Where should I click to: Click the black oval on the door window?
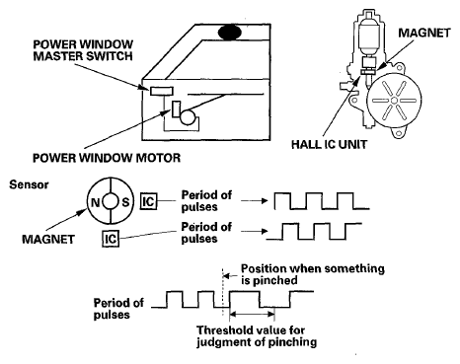[x=230, y=33]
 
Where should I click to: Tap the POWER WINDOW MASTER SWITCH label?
[x=83, y=50]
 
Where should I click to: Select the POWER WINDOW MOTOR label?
[x=107, y=158]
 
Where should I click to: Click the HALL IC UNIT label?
[x=329, y=144]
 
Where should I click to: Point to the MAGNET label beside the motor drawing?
[x=424, y=33]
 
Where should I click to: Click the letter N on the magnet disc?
[x=96, y=202]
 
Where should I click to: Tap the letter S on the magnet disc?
[x=125, y=202]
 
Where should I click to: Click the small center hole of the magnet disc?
[x=111, y=201]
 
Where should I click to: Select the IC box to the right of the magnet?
[x=148, y=201]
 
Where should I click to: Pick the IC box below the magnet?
[x=111, y=239]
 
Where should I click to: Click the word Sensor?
[x=29, y=184]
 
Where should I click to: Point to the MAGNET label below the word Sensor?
[x=48, y=239]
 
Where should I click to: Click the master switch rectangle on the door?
[x=162, y=91]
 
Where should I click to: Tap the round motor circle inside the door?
[x=188, y=117]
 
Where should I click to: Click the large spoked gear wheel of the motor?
[x=394, y=100]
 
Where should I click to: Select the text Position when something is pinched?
[x=313, y=274]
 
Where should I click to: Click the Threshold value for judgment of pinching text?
[x=257, y=336]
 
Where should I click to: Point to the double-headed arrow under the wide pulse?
[x=252, y=314]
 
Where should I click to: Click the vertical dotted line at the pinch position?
[x=223, y=292]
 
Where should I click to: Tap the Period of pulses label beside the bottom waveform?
[x=118, y=309]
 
